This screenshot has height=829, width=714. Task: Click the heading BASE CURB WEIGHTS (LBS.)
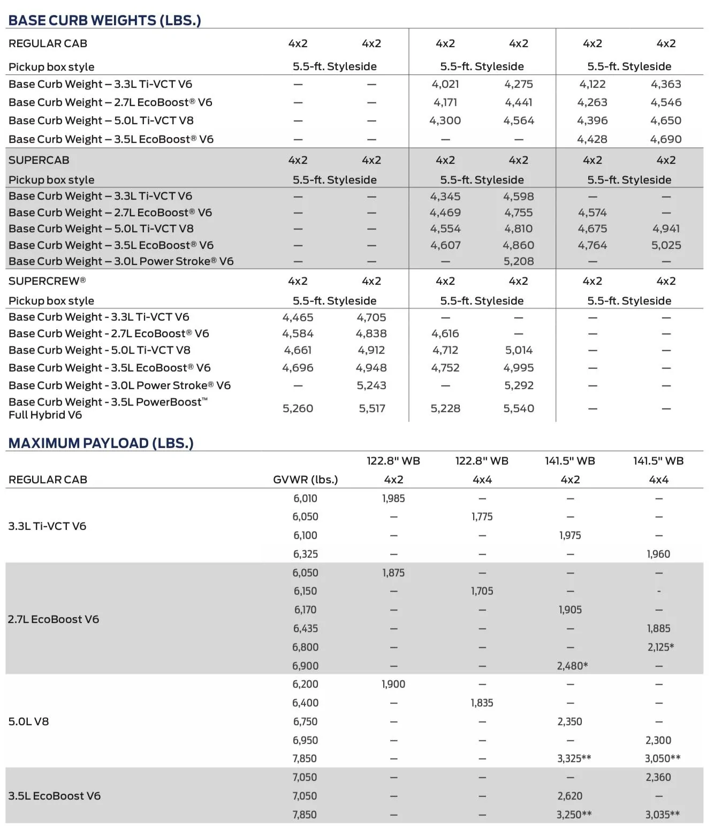(105, 20)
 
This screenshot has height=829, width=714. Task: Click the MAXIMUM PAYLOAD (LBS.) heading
(101, 443)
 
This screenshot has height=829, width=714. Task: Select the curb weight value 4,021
(445, 84)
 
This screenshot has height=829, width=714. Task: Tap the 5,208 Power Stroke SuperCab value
(518, 261)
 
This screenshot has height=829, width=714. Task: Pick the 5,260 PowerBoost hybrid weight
(298, 408)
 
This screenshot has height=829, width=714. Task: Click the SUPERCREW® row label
(47, 281)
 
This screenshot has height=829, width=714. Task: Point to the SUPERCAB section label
(39, 160)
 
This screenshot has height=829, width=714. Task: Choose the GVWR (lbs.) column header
(305, 480)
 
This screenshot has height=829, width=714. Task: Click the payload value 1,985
(393, 498)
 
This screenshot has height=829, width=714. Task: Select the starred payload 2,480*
(572, 666)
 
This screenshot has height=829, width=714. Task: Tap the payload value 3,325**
(574, 758)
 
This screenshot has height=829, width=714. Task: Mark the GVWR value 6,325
(305, 554)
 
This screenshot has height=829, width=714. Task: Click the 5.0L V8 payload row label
(28, 721)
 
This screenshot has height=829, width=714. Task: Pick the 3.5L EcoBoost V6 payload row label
(54, 796)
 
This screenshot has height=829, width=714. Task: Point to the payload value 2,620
(569, 796)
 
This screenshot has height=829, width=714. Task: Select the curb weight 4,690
(666, 139)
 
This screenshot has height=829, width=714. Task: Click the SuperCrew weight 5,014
(519, 350)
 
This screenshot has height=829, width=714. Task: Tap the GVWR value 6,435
(305, 628)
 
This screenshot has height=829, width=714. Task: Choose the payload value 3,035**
(662, 815)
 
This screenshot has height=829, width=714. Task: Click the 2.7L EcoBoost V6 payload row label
(54, 619)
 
